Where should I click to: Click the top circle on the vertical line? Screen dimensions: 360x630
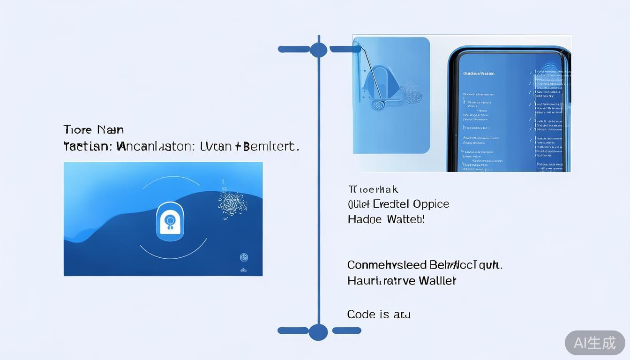(x=318, y=49)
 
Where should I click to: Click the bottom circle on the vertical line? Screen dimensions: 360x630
(x=318, y=332)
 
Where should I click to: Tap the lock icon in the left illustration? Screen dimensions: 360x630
(x=170, y=219)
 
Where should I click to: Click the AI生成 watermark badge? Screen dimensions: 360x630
(x=595, y=343)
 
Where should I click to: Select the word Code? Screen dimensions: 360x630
(x=361, y=315)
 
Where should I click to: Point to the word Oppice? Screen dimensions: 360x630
(x=431, y=204)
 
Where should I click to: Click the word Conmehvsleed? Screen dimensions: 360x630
(x=387, y=265)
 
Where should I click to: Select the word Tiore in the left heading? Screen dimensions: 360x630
(x=78, y=130)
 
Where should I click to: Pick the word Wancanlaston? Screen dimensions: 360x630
(x=155, y=146)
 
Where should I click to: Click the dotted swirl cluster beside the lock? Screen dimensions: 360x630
(x=232, y=202)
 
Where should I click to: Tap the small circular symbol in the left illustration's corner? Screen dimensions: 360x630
(x=244, y=257)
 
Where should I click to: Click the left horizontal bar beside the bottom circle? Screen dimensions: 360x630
(x=293, y=331)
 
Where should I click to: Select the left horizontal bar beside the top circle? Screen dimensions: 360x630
(x=293, y=49)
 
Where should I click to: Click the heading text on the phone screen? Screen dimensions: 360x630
(x=479, y=74)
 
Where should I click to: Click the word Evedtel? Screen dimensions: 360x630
(x=390, y=204)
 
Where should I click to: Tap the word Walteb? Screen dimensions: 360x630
(x=406, y=219)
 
